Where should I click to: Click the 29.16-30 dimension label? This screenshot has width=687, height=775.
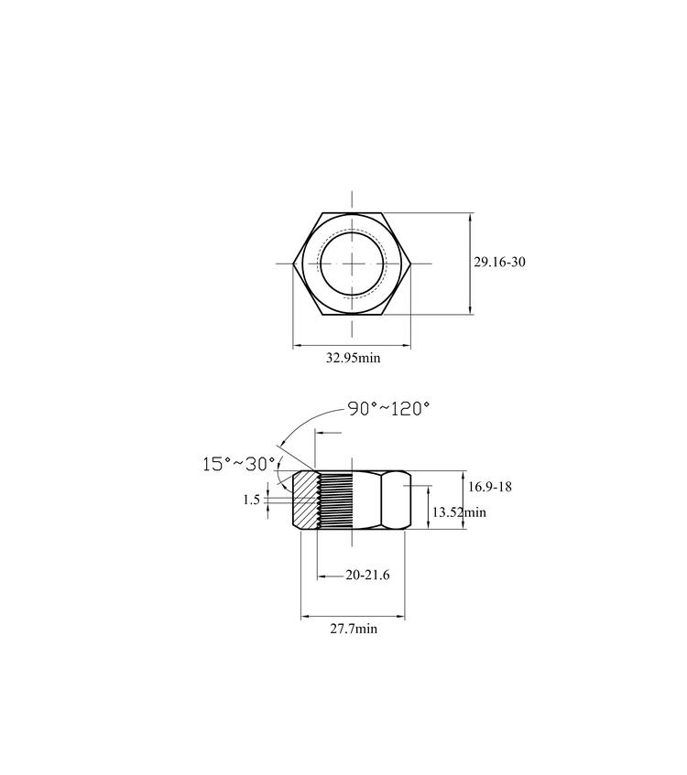click(499, 262)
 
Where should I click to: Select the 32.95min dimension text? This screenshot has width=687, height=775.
click(353, 358)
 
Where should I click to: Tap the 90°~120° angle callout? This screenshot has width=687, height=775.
click(388, 409)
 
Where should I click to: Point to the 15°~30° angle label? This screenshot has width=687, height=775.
click(238, 464)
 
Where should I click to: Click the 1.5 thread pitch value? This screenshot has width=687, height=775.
click(251, 500)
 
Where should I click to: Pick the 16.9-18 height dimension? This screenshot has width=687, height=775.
click(490, 487)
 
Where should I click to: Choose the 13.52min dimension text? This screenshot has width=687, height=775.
click(459, 512)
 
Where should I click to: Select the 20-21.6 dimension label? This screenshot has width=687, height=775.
click(367, 575)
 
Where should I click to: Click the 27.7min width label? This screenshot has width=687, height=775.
click(354, 629)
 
